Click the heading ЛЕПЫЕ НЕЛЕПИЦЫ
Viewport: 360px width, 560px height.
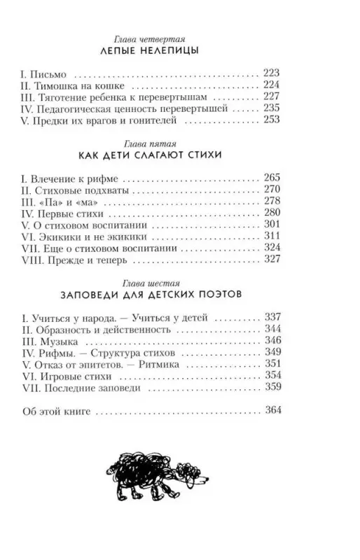pos(179,52)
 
